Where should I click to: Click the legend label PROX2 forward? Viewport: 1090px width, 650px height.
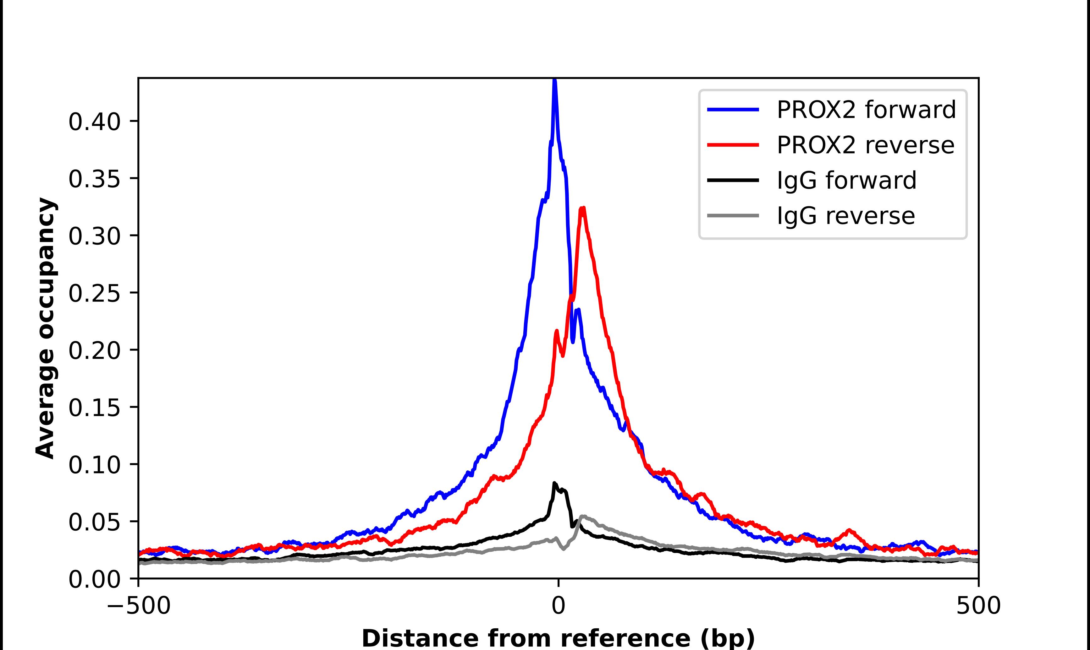[x=866, y=110]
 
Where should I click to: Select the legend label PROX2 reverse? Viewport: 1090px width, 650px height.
[x=865, y=145]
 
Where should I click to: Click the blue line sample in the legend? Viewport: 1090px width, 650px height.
[x=733, y=110]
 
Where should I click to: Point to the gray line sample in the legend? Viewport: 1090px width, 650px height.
[x=733, y=215]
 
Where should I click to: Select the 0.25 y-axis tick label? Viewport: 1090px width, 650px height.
[x=94, y=293]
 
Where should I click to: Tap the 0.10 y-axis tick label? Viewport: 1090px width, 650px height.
[x=94, y=464]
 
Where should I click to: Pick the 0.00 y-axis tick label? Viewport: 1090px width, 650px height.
[x=94, y=579]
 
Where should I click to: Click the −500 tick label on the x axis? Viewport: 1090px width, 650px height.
[x=139, y=606]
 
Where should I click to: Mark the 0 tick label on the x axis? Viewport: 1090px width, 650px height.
[x=558, y=606]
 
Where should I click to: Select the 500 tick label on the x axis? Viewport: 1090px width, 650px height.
[x=978, y=606]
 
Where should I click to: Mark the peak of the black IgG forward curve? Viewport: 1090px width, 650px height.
[x=554, y=483]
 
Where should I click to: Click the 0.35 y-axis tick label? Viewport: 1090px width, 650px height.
[x=94, y=179]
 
